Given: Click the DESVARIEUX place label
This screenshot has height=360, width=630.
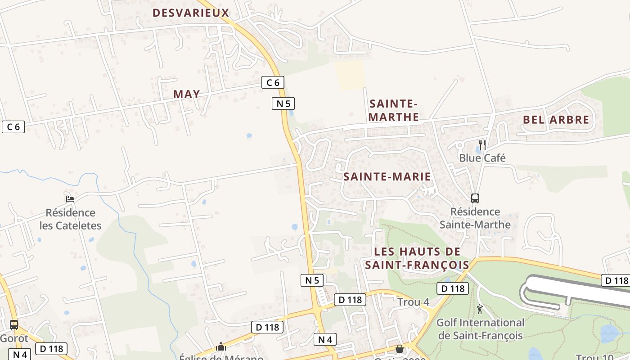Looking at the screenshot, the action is pyautogui.click(x=191, y=13).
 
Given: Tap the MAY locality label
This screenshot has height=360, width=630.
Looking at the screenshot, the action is pyautogui.click(x=187, y=94).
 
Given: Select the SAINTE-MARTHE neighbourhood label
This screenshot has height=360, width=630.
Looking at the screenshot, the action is pyautogui.click(x=394, y=111).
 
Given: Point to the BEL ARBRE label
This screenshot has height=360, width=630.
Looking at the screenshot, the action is pyautogui.click(x=556, y=120).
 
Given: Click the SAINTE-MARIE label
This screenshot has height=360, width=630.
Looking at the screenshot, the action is pyautogui.click(x=387, y=176).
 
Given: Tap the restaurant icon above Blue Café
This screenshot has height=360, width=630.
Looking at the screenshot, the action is pyautogui.click(x=482, y=144).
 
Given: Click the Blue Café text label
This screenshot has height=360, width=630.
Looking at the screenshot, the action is pyautogui.click(x=482, y=158).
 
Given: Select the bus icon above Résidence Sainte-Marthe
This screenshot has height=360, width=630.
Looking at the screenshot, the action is pyautogui.click(x=475, y=198).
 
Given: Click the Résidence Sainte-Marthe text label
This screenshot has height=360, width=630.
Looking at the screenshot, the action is pyautogui.click(x=475, y=218).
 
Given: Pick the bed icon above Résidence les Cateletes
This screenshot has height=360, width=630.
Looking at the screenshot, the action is pyautogui.click(x=70, y=199).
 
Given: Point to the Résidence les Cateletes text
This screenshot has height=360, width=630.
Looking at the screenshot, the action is pyautogui.click(x=71, y=219).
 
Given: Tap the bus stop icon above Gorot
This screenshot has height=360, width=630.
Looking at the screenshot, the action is pyautogui.click(x=14, y=324).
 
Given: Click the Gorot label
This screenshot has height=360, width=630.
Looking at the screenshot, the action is pyautogui.click(x=14, y=338).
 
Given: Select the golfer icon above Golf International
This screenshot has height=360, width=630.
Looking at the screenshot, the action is pyautogui.click(x=480, y=309).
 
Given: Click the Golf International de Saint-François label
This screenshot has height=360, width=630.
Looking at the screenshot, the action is pyautogui.click(x=480, y=329).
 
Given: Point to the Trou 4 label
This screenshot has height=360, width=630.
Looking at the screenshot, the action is pyautogui.click(x=413, y=302).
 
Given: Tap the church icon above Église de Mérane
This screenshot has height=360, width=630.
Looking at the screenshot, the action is pyautogui.click(x=221, y=346).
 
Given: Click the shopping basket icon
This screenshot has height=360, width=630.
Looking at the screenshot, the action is pyautogui.click(x=399, y=349).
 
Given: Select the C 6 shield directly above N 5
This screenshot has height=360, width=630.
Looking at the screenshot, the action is pyautogui.click(x=273, y=82).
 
